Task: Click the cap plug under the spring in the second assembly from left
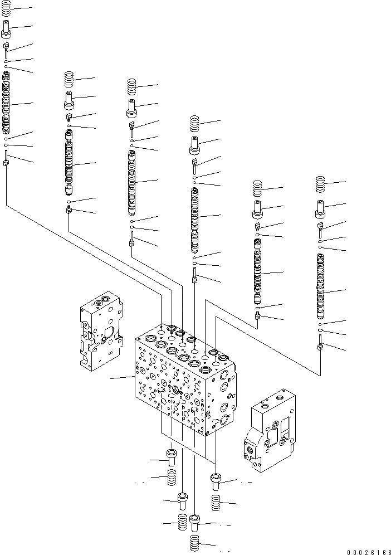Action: tap(69, 101)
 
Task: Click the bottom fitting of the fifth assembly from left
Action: tap(258, 316)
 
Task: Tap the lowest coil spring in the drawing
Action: tap(195, 542)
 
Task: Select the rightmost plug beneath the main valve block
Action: tap(216, 481)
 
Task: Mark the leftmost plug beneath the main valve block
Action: tap(172, 457)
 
